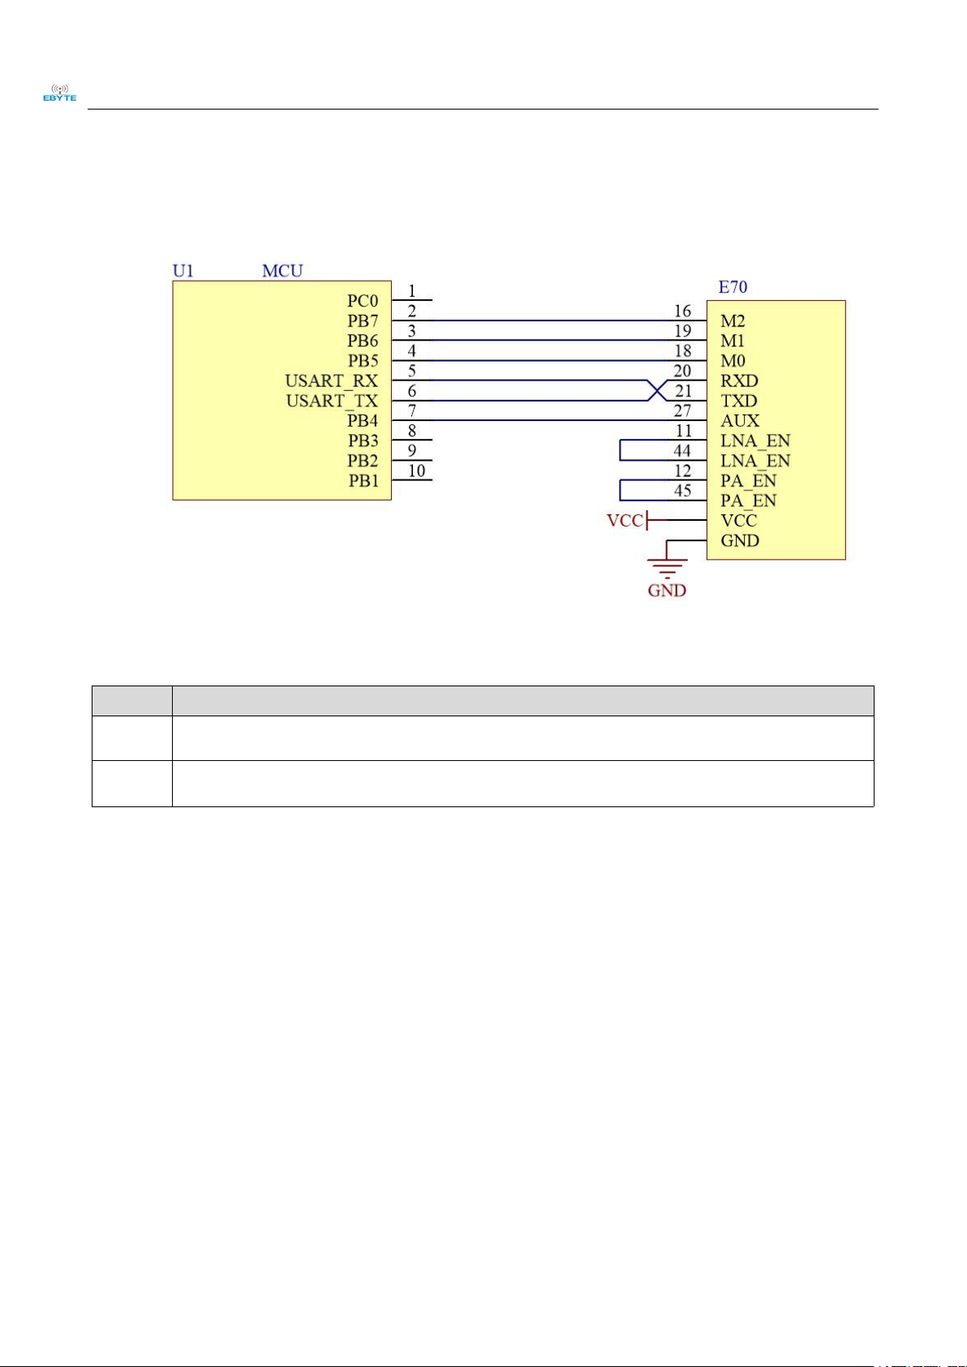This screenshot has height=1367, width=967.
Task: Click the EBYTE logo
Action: tap(59, 92)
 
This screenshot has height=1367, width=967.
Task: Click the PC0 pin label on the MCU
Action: tap(363, 301)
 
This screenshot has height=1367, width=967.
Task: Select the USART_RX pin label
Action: tap(331, 380)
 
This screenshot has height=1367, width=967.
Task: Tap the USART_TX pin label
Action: tap(332, 401)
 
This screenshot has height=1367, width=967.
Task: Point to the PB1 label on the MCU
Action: tap(363, 480)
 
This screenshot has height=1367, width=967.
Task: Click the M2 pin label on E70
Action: tap(733, 321)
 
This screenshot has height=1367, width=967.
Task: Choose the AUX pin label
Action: tap(740, 420)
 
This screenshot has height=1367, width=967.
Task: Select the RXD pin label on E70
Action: tap(739, 380)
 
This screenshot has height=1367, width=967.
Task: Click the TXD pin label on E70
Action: tap(739, 401)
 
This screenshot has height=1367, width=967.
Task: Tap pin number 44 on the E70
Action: tap(682, 450)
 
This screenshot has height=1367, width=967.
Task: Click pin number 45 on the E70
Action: tap(682, 490)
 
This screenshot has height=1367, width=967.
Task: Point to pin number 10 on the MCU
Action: tap(416, 471)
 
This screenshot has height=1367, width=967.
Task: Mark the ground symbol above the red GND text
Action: tap(667, 565)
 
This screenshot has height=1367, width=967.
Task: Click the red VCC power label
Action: tap(625, 521)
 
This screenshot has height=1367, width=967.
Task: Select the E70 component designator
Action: tap(733, 286)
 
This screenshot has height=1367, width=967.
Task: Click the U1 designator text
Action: tap(183, 270)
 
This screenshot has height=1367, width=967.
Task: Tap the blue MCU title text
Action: tap(282, 270)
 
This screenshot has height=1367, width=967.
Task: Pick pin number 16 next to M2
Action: tap(682, 311)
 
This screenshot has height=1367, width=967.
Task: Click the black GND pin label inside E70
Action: tap(740, 540)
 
